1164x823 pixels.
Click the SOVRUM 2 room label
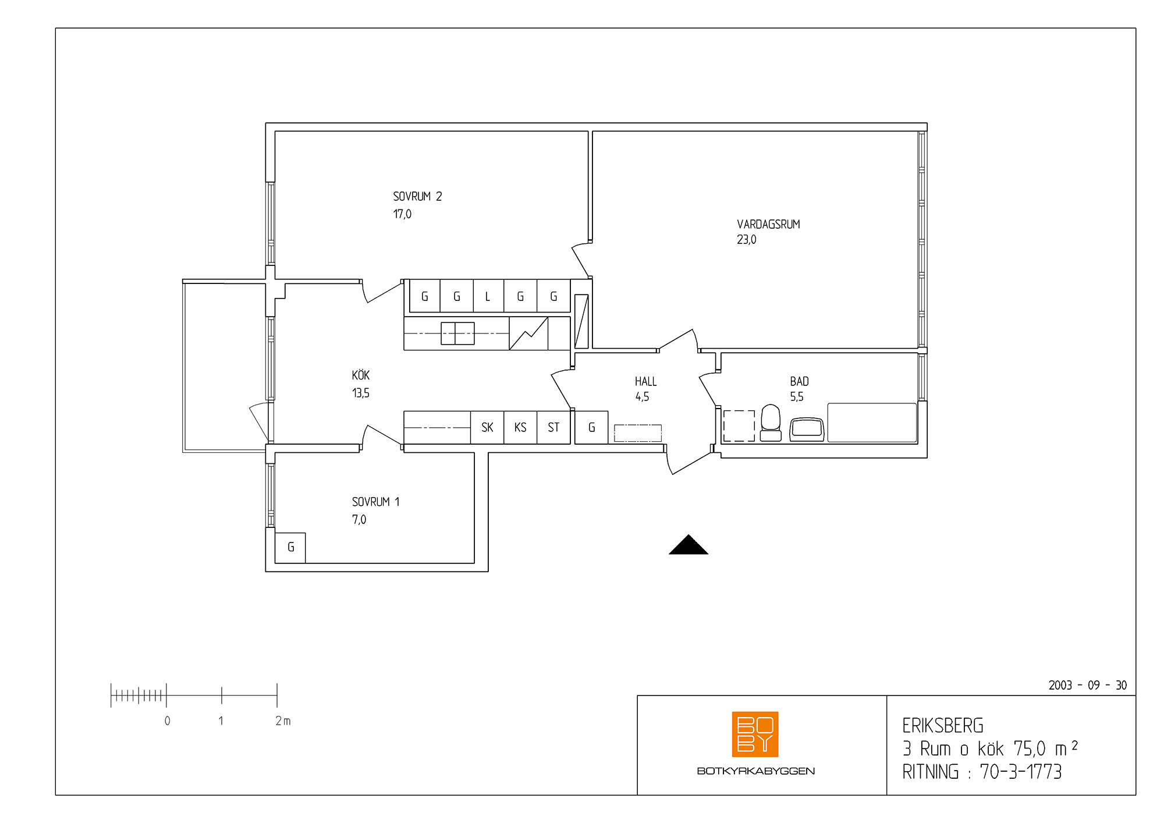[417, 197]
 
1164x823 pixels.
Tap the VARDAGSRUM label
[768, 225]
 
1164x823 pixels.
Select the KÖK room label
[361, 375]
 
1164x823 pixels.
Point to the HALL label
[645, 382]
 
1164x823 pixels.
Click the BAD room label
[799, 382]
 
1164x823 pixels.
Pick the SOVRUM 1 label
[375, 502]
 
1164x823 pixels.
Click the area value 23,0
[747, 240]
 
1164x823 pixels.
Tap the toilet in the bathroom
[771, 423]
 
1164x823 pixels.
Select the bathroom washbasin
[807, 430]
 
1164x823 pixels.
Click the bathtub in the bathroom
[872, 423]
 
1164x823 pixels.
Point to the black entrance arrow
[689, 545]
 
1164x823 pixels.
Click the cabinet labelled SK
[487, 428]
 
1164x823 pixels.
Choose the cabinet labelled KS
[520, 428]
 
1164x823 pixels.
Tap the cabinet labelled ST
[553, 428]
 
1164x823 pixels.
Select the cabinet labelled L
[488, 296]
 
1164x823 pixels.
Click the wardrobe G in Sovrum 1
[290, 548]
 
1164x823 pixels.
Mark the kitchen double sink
[457, 334]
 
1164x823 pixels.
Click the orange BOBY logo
[755, 735]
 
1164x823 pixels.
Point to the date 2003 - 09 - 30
[1087, 685]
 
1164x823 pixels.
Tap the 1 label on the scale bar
[221, 721]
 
